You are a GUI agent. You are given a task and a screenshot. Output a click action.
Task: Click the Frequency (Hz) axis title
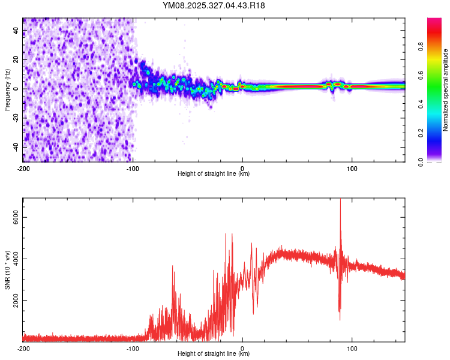pyautogui.click(x=7, y=90)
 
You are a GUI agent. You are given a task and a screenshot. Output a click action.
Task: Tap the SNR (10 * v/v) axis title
pyautogui.click(x=7, y=271)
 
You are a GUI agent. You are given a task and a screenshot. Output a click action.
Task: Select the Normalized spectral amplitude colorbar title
pyautogui.click(x=446, y=90)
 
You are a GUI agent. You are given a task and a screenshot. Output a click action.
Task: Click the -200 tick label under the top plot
pyautogui.click(x=23, y=168)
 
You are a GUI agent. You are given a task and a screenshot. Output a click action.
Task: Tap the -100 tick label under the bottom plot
pyautogui.click(x=133, y=348)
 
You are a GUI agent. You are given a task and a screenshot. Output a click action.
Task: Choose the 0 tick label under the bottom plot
pyautogui.click(x=242, y=348)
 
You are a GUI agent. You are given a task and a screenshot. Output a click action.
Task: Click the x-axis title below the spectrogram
pyautogui.click(x=214, y=174)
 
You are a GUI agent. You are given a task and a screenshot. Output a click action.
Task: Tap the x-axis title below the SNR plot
pyautogui.click(x=214, y=354)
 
